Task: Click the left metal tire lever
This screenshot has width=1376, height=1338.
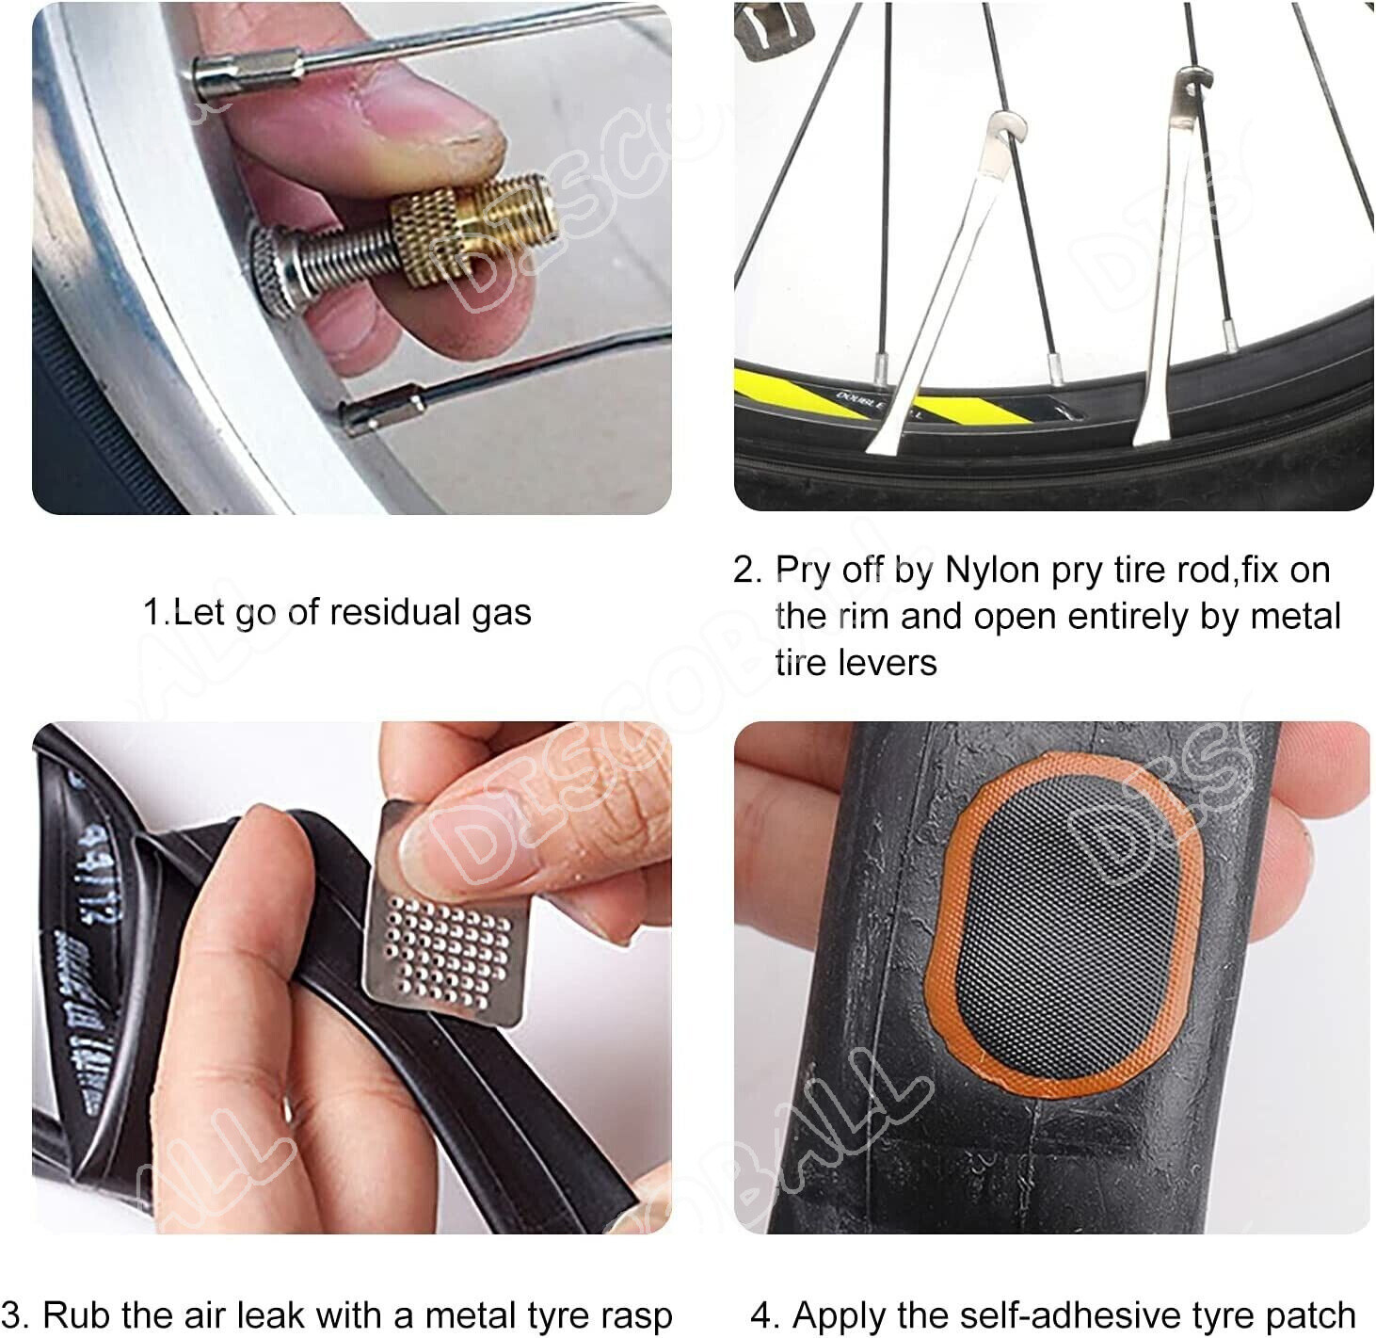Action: coord(951,282)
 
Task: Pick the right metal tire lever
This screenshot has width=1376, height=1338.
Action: coord(1167,264)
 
